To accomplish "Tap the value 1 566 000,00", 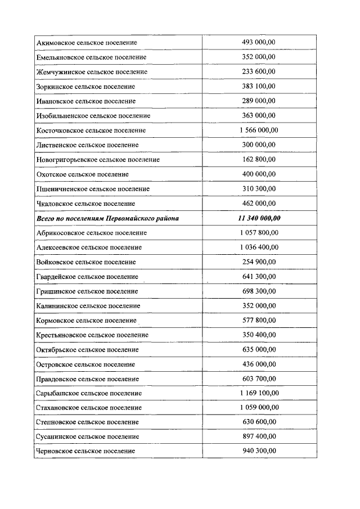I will pyautogui.click(x=258, y=130).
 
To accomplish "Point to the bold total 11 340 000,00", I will pyautogui.click(x=258, y=218).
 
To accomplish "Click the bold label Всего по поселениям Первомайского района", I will pyautogui.click(x=107, y=218).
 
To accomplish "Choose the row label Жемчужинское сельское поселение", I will pyautogui.click(x=92, y=72).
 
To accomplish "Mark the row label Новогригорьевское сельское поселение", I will pyautogui.click(x=98, y=160).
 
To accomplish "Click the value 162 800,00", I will pyautogui.click(x=258, y=160).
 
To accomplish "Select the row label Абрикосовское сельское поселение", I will pyautogui.click(x=91, y=233).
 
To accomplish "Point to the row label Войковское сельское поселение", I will pyautogui.click(x=85, y=262).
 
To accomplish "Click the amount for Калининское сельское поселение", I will pyautogui.click(x=258, y=306).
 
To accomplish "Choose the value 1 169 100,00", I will pyautogui.click(x=258, y=393).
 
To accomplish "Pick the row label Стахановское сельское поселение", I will pyautogui.click(x=89, y=408).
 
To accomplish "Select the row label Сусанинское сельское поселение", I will pyautogui.click(x=87, y=437).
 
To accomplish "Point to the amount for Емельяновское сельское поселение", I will pyautogui.click(x=258, y=57).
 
